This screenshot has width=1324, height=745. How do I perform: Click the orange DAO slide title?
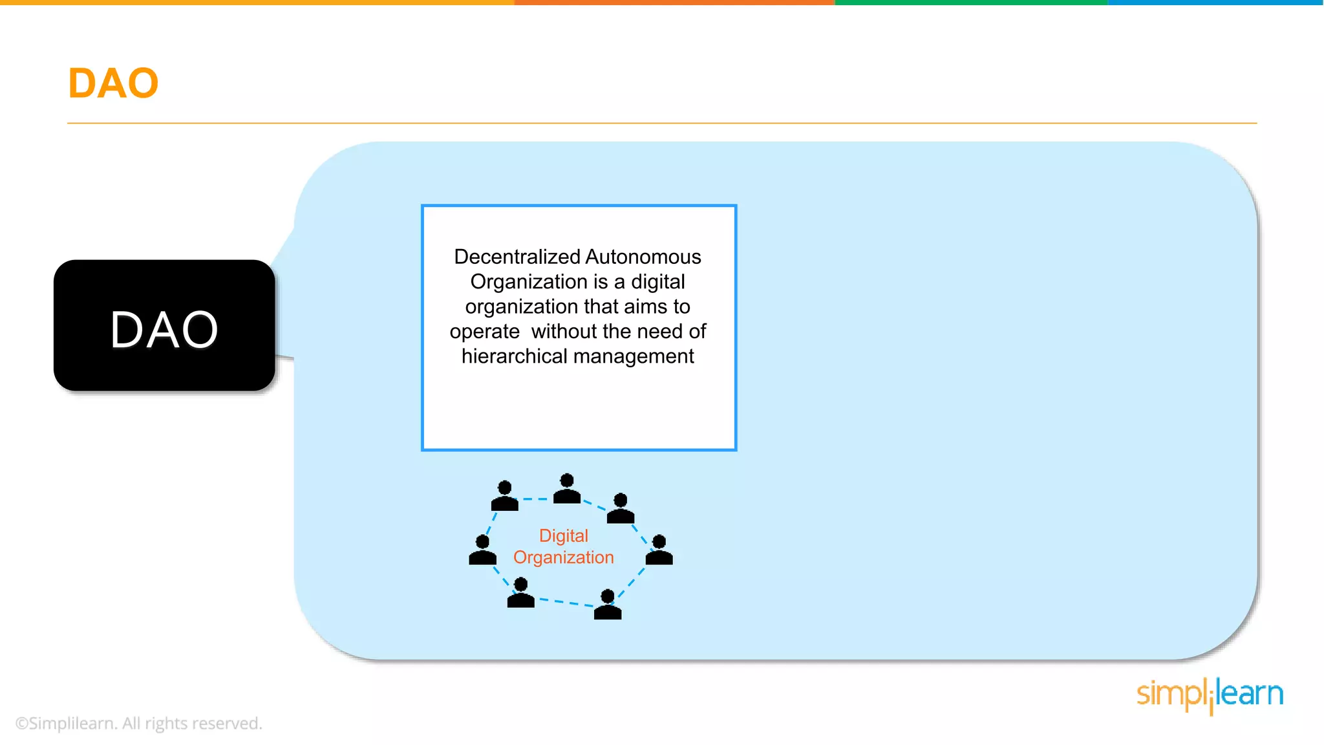coord(113,83)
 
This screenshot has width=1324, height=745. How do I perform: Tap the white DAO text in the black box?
coord(164,330)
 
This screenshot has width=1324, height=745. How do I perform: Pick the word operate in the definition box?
coord(484,332)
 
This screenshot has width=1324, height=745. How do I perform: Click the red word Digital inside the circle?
coord(563,535)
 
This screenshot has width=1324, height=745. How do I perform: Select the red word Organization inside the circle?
coord(563,557)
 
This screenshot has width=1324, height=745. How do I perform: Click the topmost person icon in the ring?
coord(567,489)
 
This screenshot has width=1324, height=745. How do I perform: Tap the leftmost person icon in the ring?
coord(482,550)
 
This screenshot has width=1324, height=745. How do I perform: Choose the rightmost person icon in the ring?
coord(659,550)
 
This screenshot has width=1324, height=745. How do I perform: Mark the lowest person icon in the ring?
coord(608,605)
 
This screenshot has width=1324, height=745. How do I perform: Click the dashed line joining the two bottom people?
coord(566,602)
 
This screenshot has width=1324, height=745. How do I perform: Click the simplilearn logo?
coord(1210,695)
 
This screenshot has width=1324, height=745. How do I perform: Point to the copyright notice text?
coord(138,723)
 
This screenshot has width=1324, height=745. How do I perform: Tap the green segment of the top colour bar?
coord(971,3)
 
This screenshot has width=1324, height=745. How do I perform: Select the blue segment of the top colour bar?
coord(1215,3)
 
